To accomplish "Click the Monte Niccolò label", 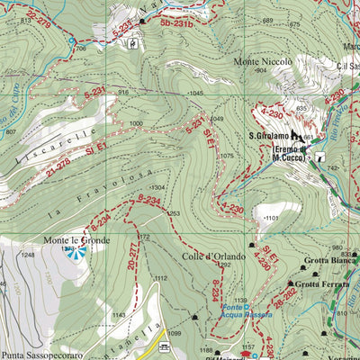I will [x=263, y=61].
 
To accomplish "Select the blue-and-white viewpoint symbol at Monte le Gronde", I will [x=76, y=253].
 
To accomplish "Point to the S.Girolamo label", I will [x=268, y=137].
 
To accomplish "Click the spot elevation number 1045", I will [x=194, y=94].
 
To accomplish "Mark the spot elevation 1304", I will [x=157, y=187].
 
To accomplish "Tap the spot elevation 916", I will [x=123, y=92].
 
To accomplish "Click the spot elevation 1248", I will [x=28, y=256].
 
